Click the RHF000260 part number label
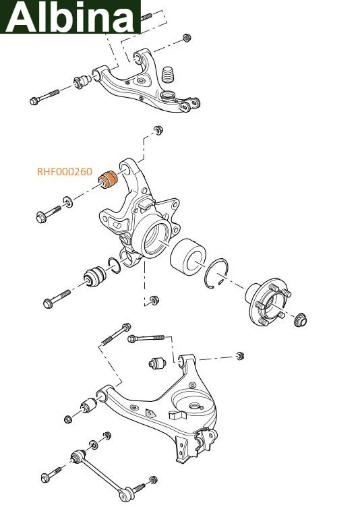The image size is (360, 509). pos(65,171)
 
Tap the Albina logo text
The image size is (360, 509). pos(70,16)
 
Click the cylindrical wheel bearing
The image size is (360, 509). pos(188,256)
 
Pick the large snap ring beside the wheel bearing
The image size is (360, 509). pos(216,273)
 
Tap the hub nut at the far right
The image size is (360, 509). pos(300,320)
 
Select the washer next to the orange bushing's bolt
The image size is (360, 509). pos(68,202)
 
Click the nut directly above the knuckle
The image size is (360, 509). pos(158,129)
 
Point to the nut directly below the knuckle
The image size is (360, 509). pos(154,300)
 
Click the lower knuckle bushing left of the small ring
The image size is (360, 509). pos(94,276)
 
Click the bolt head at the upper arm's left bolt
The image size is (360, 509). pos(34,101)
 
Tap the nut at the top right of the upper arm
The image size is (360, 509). pos(186,38)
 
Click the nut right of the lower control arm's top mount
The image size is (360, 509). pos(239,356)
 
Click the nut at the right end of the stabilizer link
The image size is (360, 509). pos(153,479)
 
